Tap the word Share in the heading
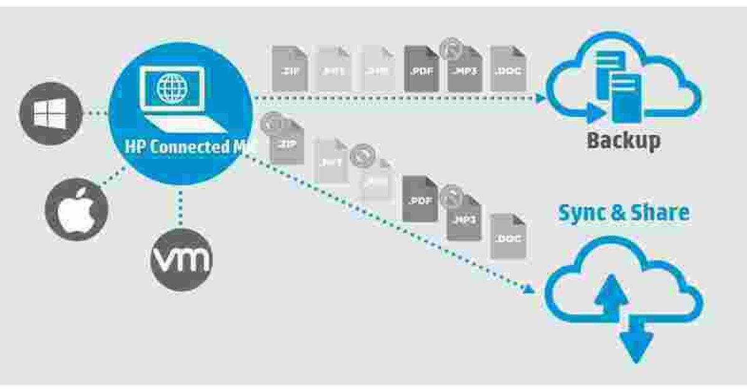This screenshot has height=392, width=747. pyautogui.click(x=660, y=213)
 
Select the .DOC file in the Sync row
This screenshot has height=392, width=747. pyautogui.click(x=507, y=237)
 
